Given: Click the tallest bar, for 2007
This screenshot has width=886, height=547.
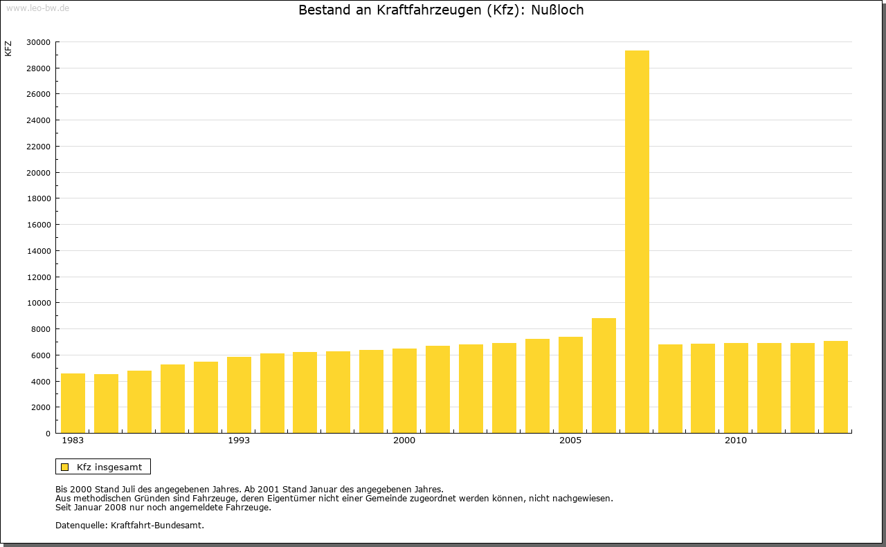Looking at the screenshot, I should tap(637, 242).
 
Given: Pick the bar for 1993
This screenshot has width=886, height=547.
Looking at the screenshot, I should tap(239, 395).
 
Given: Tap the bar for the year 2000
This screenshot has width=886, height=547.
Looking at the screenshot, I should tap(404, 391).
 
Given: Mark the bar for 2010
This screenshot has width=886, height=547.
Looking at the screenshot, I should tap(736, 388).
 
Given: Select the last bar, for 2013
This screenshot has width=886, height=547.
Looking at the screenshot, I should tap(835, 387).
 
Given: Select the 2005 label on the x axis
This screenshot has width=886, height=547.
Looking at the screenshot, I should tap(570, 441).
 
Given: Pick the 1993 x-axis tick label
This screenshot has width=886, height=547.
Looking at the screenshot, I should tap(239, 441).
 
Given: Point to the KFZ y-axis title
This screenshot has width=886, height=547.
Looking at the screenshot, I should tap(8, 48).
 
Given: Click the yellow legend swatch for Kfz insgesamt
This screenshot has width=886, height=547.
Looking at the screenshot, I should tap(64, 467).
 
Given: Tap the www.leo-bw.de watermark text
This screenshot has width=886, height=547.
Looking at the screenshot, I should tap(37, 8).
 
